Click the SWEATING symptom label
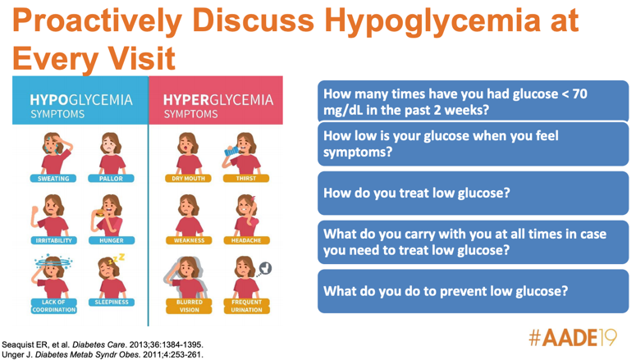pyautogui.click(x=53, y=179)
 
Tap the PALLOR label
pyautogui.click(x=111, y=179)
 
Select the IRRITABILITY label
pyautogui.click(x=53, y=240)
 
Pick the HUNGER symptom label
pyautogui.click(x=112, y=240)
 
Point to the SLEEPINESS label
pyautogui.click(x=112, y=302)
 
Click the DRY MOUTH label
pyautogui.click(x=188, y=179)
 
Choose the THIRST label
pyautogui.click(x=246, y=179)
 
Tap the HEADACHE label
pyautogui.click(x=246, y=240)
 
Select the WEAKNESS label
pyautogui.click(x=189, y=240)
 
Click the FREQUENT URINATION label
pyautogui.click(x=247, y=306)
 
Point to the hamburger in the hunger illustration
pyautogui.click(x=99, y=213)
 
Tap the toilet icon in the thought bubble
pyautogui.click(x=266, y=268)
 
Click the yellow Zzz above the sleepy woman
pyautogui.click(x=117, y=258)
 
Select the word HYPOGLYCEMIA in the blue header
pyautogui.click(x=81, y=100)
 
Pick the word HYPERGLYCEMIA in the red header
pyautogui.click(x=218, y=100)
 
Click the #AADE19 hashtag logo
pyautogui.click(x=573, y=337)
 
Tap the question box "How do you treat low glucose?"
pyautogui.click(x=473, y=193)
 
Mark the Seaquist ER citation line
pyautogui.click(x=103, y=345)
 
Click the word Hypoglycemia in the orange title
pyautogui.click(x=432, y=21)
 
